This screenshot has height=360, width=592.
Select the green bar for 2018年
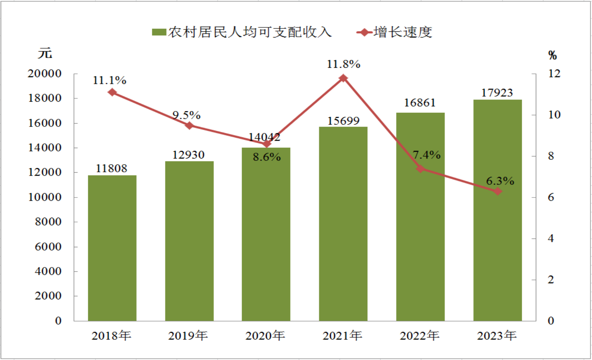coord(112,248)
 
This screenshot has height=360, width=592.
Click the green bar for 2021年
coord(343,224)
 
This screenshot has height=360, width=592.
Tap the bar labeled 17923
coord(497,210)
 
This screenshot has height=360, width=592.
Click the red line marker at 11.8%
coord(343,78)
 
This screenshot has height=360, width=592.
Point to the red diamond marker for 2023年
coord(498,191)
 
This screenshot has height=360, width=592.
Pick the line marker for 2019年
coord(189,125)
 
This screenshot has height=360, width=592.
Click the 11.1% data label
coord(109,80)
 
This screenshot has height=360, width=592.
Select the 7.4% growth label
coord(427,155)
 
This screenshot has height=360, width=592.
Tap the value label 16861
coord(420,103)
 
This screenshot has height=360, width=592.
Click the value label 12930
coord(188,155)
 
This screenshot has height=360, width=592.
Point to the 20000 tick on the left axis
coord(45,74)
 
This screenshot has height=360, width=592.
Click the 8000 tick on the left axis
coord(48,222)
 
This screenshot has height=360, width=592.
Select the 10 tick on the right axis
coord(555,115)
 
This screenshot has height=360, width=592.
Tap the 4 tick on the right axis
coord(551,239)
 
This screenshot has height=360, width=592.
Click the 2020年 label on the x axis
coord(265,336)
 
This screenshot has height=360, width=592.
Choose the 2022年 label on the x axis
coord(420,336)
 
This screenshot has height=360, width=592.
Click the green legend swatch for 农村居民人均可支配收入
coord(159,32)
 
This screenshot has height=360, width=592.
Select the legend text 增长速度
coord(403,32)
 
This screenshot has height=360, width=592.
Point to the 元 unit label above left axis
coord(45,53)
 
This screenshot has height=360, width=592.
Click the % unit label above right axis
coord(552,55)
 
